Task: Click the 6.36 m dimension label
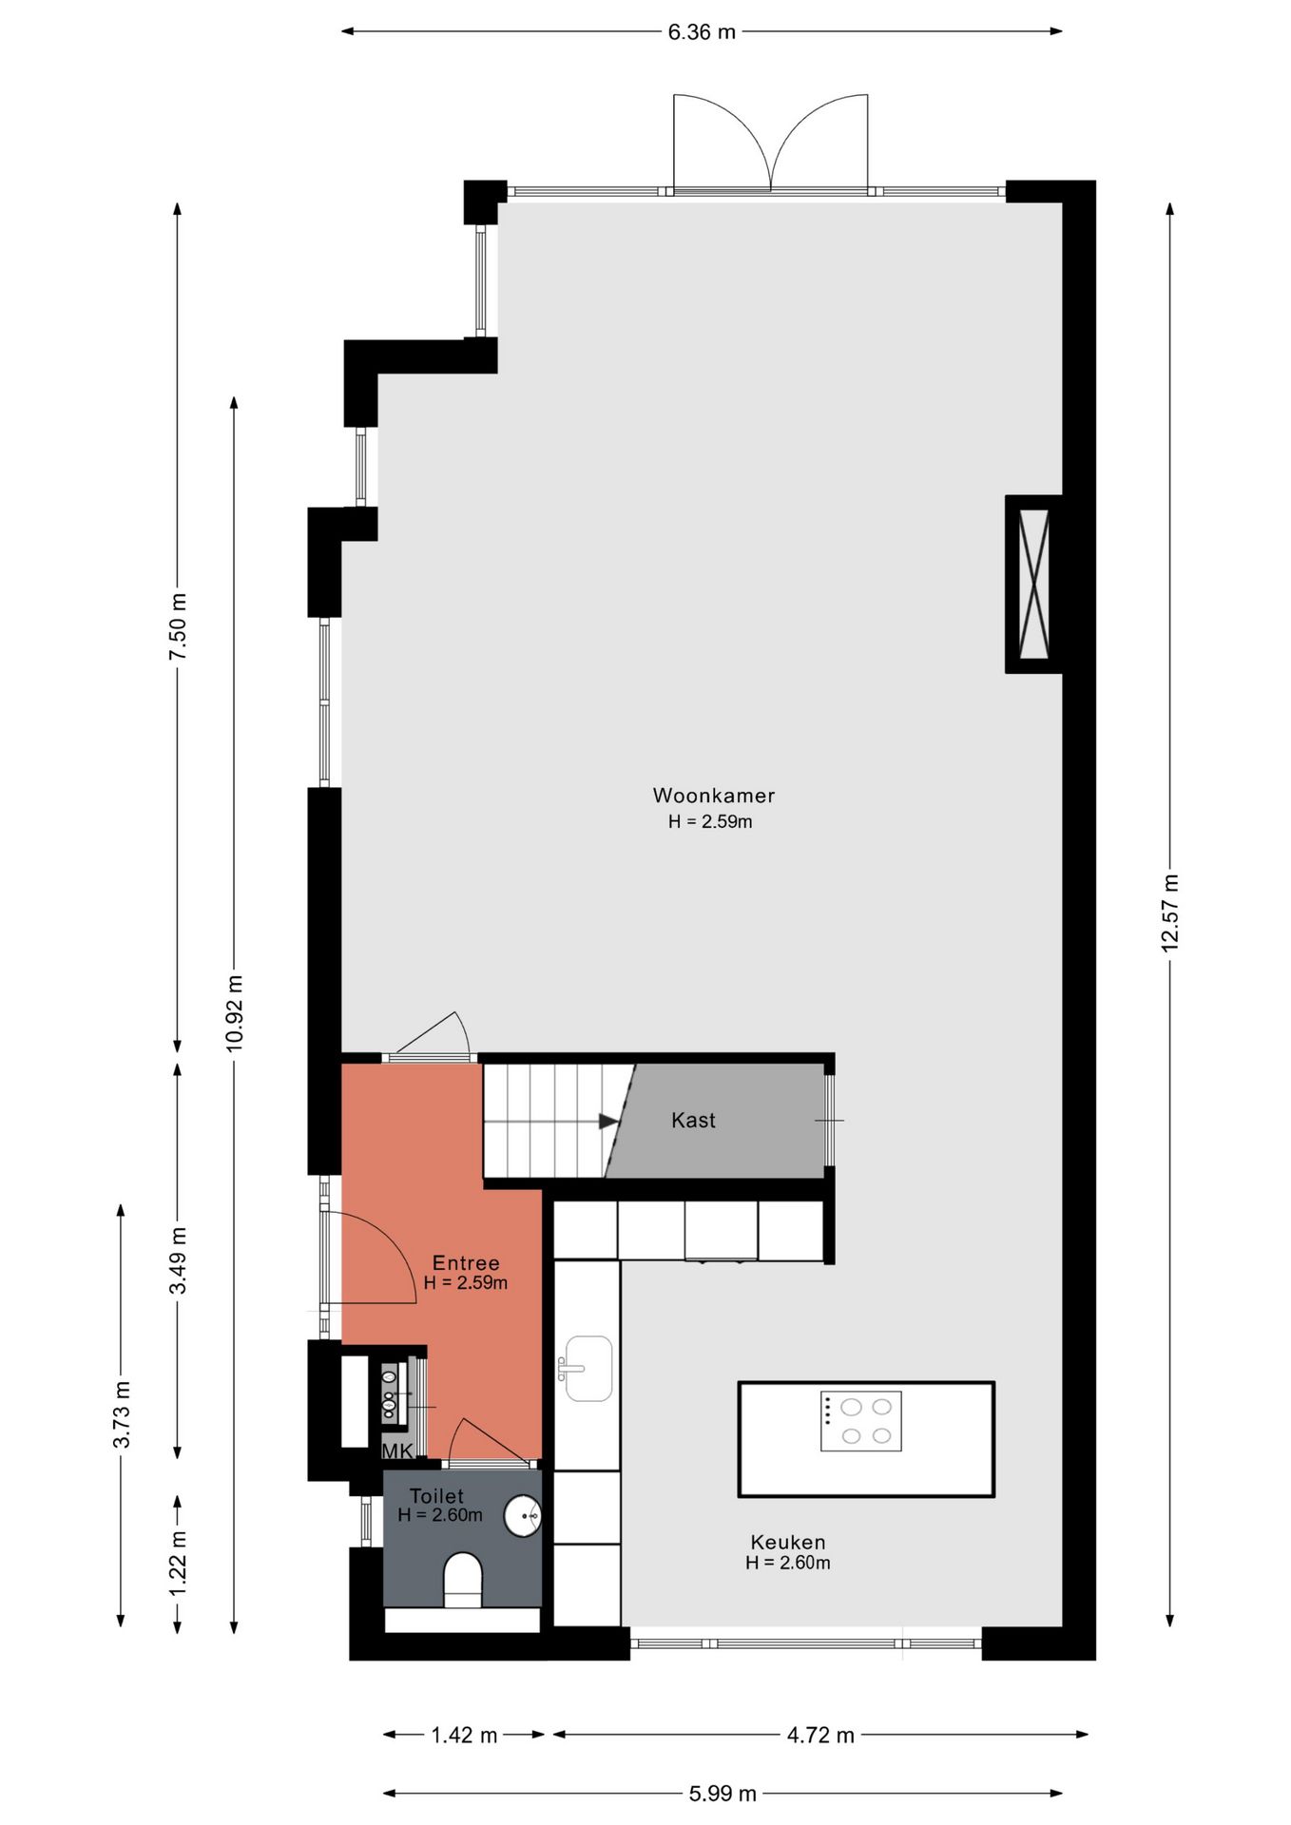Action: click(702, 32)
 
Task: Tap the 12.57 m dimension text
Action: click(1169, 912)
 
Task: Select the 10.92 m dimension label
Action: click(235, 1012)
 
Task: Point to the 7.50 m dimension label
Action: click(178, 626)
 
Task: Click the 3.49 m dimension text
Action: click(178, 1260)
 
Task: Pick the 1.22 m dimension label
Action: click(178, 1565)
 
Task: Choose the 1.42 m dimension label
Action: click(464, 1735)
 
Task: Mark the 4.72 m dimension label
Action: click(820, 1735)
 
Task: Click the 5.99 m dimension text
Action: click(723, 1794)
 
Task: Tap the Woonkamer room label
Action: click(714, 796)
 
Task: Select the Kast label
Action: click(693, 1121)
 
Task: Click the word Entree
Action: click(466, 1263)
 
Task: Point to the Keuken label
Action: click(788, 1542)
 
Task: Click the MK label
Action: click(397, 1450)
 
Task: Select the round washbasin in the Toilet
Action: click(523, 1515)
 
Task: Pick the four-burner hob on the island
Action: click(861, 1421)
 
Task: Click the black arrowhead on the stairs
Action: click(609, 1122)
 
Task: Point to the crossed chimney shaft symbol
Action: click(1033, 584)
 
